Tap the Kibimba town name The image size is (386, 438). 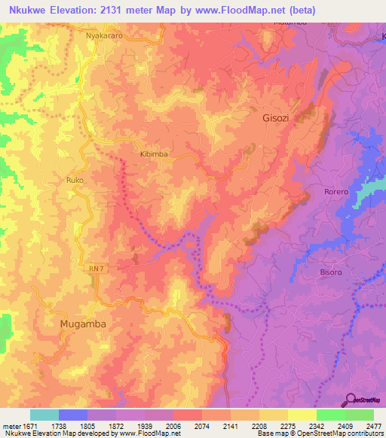tap(154, 154)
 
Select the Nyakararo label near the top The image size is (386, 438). tap(104, 35)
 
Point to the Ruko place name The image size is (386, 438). tap(75, 181)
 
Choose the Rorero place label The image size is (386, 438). tap(336, 192)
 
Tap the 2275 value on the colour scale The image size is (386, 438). tap(272, 425)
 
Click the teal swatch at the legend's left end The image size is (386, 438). tap(44, 415)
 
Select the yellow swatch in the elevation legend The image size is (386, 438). tap(302, 415)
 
